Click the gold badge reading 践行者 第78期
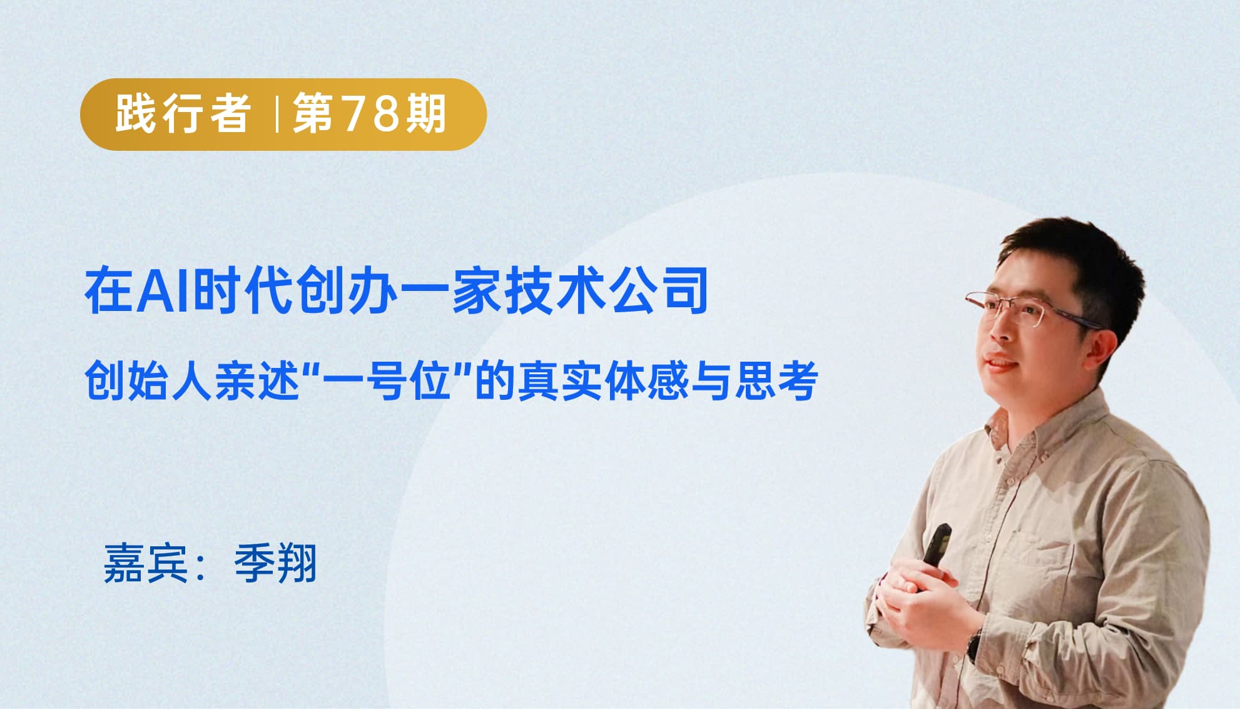point(283,115)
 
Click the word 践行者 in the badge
point(183,114)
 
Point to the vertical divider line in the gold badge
point(276,114)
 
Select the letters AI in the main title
point(164,290)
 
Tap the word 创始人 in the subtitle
point(149,380)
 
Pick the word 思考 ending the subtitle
point(776,380)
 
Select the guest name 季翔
point(275,563)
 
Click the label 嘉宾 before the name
point(146,563)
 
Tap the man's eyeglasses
point(1026,310)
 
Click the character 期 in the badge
point(426,114)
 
